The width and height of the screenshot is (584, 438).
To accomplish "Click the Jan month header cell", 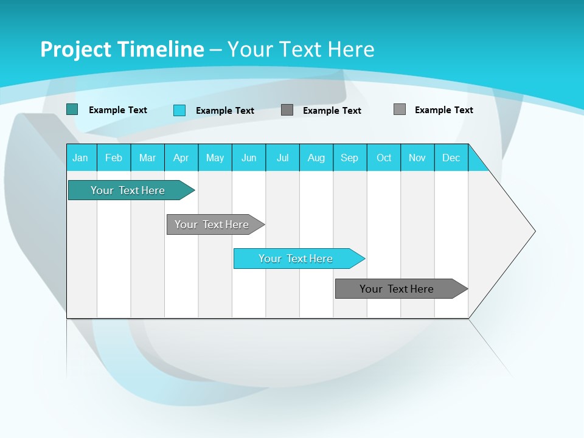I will click(81, 158).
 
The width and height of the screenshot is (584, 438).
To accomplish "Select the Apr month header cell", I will click(181, 158).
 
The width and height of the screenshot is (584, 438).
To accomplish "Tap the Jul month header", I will click(282, 158).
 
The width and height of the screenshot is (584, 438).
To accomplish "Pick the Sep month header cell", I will click(350, 158).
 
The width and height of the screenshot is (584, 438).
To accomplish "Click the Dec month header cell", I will click(451, 158).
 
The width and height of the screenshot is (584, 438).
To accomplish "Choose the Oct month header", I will click(384, 158).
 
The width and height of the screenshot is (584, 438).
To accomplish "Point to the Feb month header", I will click(114, 158).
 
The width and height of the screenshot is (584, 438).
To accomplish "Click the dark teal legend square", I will click(72, 109).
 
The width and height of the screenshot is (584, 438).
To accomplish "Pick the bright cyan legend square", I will click(179, 110).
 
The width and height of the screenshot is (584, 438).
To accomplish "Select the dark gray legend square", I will click(287, 110).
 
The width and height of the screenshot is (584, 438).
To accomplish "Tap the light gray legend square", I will click(400, 109).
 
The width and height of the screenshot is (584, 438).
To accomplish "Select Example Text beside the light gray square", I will click(443, 110).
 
